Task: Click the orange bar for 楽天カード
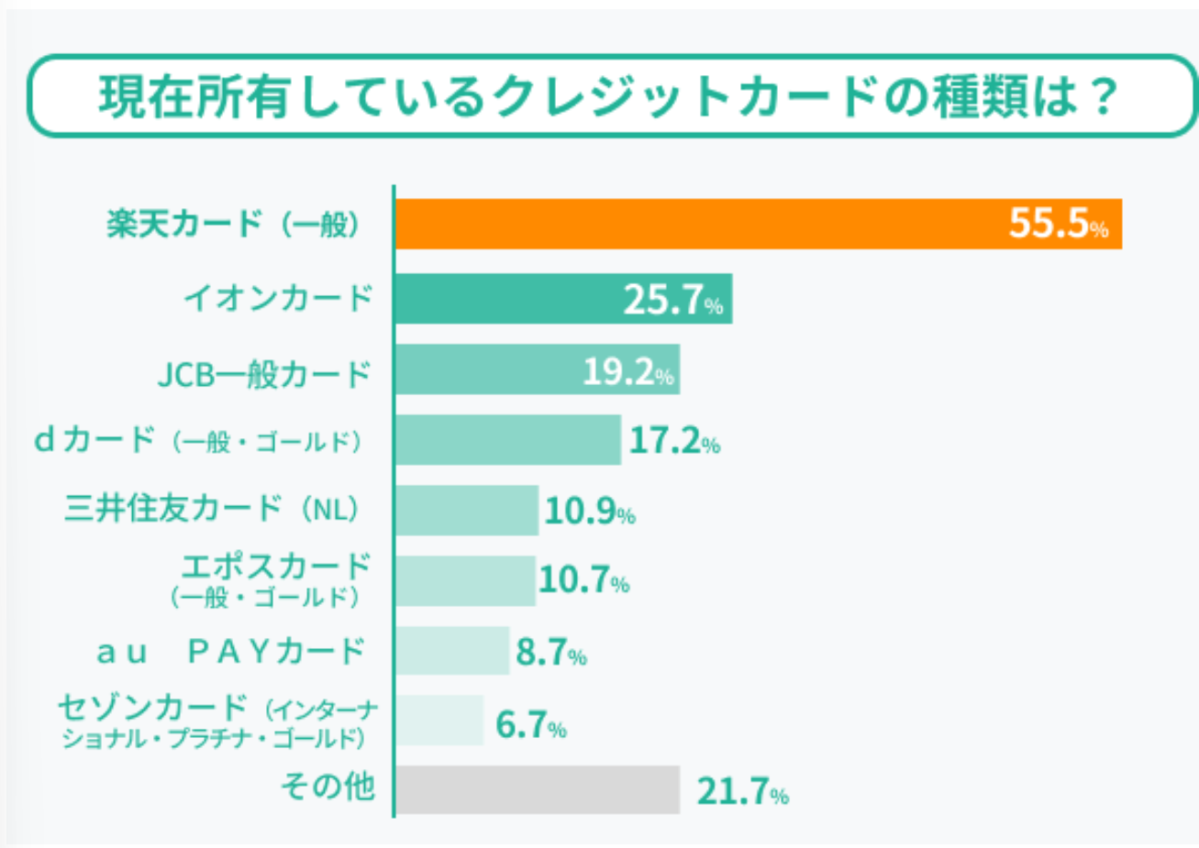697,224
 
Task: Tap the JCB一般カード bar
486,369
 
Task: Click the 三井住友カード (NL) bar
466,511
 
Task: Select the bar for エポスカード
465,580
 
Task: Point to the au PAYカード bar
451,651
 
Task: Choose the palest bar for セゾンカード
439,721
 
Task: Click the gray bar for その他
537,790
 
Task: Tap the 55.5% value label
1058,224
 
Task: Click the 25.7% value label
673,300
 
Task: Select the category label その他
328,787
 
